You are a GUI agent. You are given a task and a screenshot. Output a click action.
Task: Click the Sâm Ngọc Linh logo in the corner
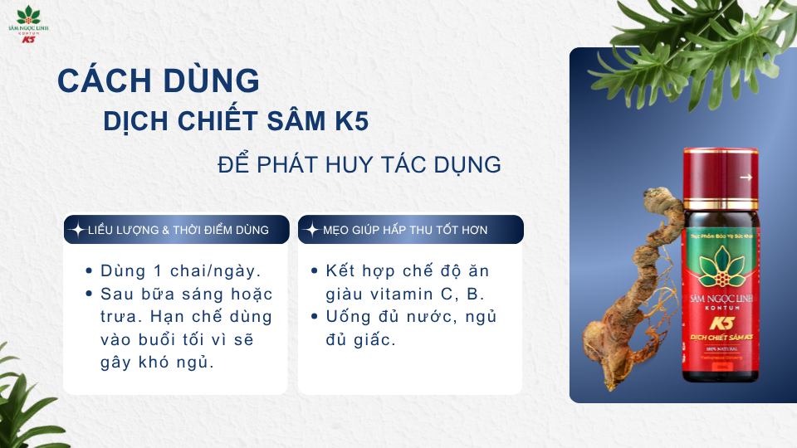pyautogui.click(x=34, y=24)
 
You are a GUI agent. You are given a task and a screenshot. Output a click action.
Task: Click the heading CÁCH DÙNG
pyautogui.click(x=159, y=81)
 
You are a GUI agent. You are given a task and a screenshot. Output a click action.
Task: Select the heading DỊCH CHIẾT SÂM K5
pyautogui.click(x=237, y=121)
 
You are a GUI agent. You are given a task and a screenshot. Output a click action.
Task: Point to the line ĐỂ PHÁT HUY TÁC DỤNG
pyautogui.click(x=359, y=164)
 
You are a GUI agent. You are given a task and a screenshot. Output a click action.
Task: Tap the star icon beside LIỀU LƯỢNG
pyautogui.click(x=77, y=230)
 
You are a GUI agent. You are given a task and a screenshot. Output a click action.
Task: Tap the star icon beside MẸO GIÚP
pyautogui.click(x=311, y=230)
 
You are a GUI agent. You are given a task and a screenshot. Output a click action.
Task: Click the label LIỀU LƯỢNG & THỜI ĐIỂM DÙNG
pyautogui.click(x=178, y=230)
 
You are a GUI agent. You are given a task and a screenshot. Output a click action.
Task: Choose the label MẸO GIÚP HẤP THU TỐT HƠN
pyautogui.click(x=405, y=230)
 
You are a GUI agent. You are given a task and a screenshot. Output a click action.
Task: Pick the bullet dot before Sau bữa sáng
pyautogui.click(x=89, y=295)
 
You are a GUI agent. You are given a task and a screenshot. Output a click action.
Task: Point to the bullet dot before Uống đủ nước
pyautogui.click(x=315, y=317)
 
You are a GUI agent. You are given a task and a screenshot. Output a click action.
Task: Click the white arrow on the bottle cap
pyautogui.click(x=746, y=177)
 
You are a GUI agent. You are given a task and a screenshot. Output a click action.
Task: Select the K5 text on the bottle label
pyautogui.click(x=720, y=323)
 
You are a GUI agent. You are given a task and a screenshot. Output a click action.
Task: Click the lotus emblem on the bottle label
pyautogui.click(x=719, y=269)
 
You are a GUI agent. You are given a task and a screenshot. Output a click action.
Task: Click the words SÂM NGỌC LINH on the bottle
pyautogui.click(x=720, y=299)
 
